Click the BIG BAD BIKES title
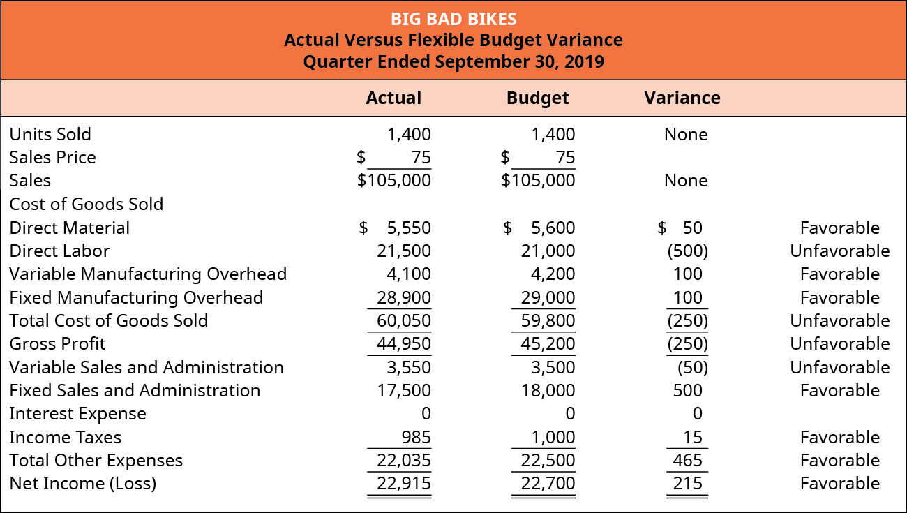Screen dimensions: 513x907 (453, 17)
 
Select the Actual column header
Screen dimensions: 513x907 (393, 98)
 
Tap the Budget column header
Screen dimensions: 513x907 (537, 98)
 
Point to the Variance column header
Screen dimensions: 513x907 (682, 98)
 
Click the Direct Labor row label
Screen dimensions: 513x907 (59, 251)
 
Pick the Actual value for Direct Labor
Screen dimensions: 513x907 (404, 251)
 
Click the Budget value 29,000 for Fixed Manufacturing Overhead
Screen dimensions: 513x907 (548, 297)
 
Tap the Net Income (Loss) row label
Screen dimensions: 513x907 (82, 483)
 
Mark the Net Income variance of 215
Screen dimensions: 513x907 (688, 483)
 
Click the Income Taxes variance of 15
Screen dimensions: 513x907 (694, 437)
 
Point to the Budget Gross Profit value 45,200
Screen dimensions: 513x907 (548, 343)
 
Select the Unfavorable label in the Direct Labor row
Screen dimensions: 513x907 (839, 251)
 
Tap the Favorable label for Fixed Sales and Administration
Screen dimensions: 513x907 (839, 390)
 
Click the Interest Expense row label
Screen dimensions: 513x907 (77, 414)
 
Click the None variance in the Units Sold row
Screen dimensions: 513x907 (686, 134)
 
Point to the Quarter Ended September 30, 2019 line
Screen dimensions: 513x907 (453, 61)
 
